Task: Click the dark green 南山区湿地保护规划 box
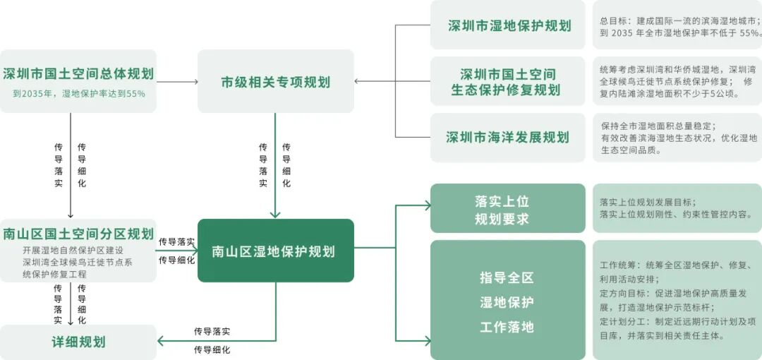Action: [275, 251]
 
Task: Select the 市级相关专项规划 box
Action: [275, 82]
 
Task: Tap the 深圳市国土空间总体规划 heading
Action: [78, 73]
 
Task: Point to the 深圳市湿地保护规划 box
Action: [509, 25]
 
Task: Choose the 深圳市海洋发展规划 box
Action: [507, 137]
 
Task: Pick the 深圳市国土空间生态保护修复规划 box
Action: [507, 82]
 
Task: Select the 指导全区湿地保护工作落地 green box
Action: [507, 302]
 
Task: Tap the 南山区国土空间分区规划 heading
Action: [78, 234]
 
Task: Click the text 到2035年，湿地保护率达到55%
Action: [78, 92]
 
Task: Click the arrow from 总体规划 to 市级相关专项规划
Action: [176, 82]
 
